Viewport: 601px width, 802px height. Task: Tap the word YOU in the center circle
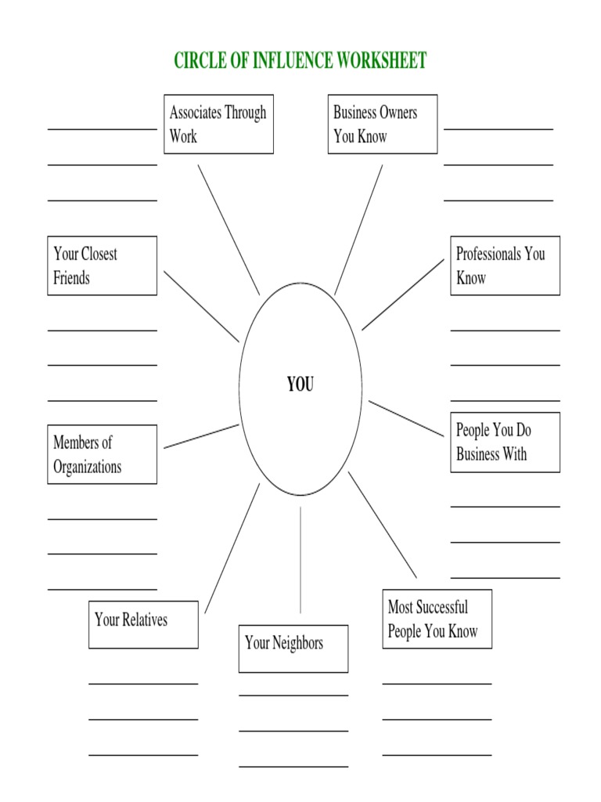[x=300, y=385]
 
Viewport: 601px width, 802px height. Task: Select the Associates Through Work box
[x=218, y=124]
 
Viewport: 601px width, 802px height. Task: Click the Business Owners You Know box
[x=382, y=124]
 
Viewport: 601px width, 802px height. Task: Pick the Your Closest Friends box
[x=102, y=266]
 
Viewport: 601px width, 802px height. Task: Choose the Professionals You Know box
[x=505, y=266]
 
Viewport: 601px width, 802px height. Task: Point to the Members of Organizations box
[x=102, y=454]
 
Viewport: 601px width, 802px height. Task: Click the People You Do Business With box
[x=505, y=443]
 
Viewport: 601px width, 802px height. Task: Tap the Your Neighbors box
[x=293, y=648]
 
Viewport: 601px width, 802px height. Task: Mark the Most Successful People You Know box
[x=437, y=619]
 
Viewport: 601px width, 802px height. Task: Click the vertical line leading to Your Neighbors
[x=300, y=559]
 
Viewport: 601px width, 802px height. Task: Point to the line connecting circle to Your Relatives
[x=232, y=548]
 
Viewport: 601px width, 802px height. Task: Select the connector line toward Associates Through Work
[x=229, y=229]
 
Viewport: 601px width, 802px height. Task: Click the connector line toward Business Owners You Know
[x=358, y=229]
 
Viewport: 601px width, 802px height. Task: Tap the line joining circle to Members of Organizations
[x=201, y=436]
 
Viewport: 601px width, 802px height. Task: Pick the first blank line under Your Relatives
[x=143, y=683]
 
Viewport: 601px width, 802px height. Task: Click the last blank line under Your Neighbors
[x=293, y=766]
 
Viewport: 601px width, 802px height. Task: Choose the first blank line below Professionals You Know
[x=505, y=331]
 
